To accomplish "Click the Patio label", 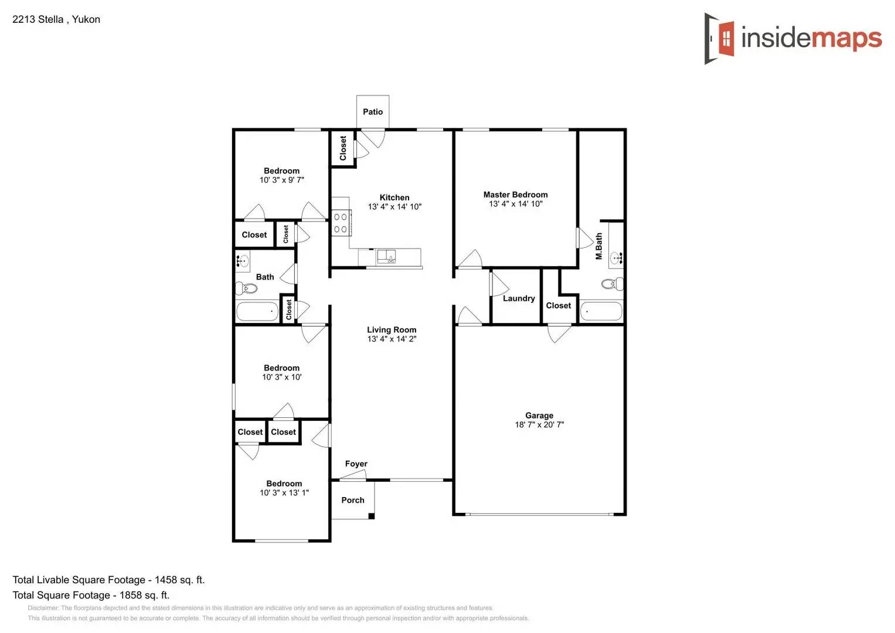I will (373, 112).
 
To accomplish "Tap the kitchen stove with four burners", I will (341, 223).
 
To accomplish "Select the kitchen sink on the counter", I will (386, 256).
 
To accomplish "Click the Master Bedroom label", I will (515, 195).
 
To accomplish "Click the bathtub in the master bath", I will (601, 311).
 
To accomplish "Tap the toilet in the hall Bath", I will (247, 288).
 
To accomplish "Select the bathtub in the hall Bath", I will (257, 311).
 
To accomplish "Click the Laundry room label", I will (519, 298).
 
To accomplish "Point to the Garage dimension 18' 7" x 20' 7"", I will (539, 425).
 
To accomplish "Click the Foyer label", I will (356, 464).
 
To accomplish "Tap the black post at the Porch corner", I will (371, 516).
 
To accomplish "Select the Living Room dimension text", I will (392, 339).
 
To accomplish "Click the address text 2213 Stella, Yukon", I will (56, 19).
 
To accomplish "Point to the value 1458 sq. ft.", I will (179, 580).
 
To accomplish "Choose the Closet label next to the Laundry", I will (558, 305).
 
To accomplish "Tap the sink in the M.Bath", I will (616, 257).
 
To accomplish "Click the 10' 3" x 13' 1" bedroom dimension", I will (284, 493).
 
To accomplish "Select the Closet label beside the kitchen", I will (343, 148).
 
